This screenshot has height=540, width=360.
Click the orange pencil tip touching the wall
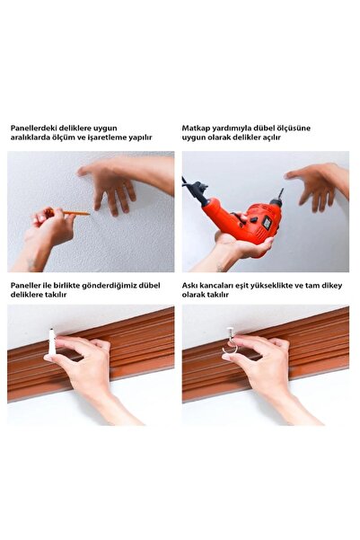(x=89, y=213)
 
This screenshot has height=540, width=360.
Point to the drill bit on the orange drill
(x=279, y=193)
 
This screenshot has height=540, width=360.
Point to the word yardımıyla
(x=237, y=128)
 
